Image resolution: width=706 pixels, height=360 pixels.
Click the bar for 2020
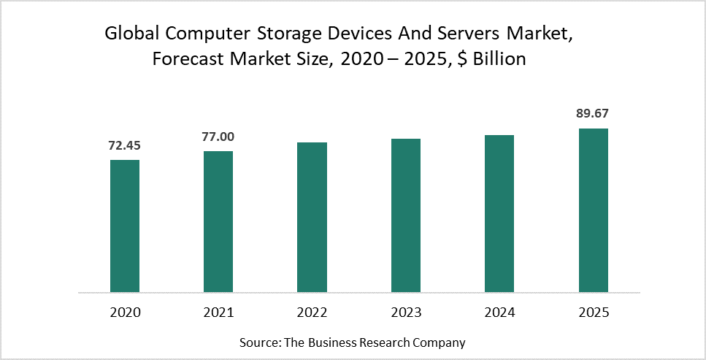tap(125, 226)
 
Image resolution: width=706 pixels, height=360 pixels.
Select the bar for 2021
tap(218, 222)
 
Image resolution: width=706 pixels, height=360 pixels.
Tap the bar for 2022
tap(312, 218)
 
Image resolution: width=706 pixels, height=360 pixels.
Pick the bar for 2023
tap(406, 215)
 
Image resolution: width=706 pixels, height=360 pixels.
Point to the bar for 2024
tap(499, 214)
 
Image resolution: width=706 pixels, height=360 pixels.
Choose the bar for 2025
tap(594, 210)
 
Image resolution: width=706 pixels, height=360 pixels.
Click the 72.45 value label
tap(125, 145)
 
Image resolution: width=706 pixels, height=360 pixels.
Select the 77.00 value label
tap(218, 137)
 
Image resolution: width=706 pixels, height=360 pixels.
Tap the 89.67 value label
tap(594, 113)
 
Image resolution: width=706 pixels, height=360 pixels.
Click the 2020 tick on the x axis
tap(125, 313)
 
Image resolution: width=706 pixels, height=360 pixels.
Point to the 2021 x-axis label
tap(218, 313)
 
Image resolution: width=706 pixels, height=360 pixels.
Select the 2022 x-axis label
tap(312, 313)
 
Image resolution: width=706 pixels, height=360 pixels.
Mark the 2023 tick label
tap(406, 313)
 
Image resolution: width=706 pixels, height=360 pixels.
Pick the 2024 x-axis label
tap(499, 313)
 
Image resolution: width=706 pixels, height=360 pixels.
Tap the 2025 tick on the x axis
tap(594, 313)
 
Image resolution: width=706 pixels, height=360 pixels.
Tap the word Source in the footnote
tap(258, 342)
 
